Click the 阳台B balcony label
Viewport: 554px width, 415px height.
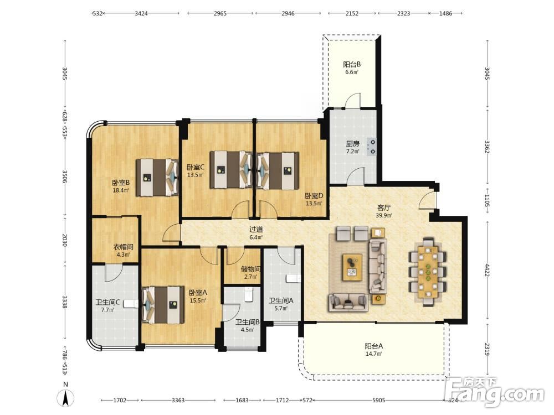point(352,65)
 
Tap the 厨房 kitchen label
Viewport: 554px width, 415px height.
point(352,144)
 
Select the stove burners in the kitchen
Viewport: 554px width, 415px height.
point(371,147)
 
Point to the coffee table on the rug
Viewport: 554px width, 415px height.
point(352,267)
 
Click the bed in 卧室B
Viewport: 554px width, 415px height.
point(157,177)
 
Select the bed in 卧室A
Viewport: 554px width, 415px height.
point(163,305)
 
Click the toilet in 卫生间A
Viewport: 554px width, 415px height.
point(293,279)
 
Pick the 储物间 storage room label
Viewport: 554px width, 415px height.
point(250,269)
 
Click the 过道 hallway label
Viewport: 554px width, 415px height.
point(256,230)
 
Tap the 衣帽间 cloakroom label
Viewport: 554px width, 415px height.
point(123,247)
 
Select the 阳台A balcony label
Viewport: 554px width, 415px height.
point(374,346)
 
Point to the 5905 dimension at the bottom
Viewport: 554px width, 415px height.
point(379,400)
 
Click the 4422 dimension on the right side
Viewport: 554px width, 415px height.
point(487,270)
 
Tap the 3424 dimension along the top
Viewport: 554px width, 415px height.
point(141,13)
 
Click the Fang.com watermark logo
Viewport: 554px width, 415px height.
point(495,392)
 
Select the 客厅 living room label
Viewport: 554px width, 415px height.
point(384,207)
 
